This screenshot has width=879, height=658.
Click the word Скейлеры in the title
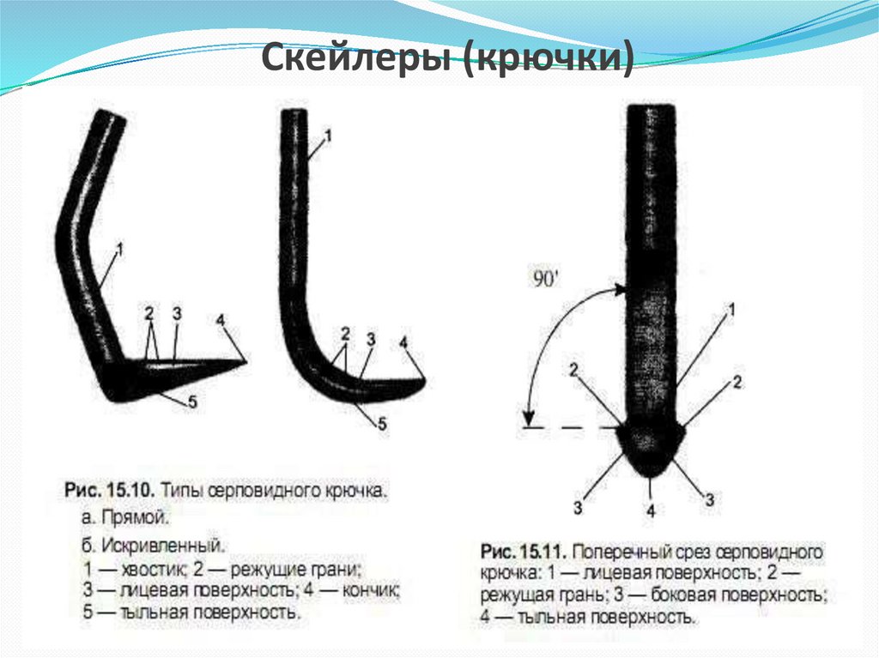point(355,57)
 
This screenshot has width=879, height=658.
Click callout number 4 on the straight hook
point(221,320)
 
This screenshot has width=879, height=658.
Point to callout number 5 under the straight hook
point(192,401)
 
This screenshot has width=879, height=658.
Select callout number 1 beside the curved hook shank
point(328,135)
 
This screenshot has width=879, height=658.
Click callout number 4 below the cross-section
point(651,510)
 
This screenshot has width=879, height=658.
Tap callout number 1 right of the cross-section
point(730,310)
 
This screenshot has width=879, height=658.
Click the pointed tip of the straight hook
point(246,361)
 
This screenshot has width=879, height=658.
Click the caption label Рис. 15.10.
point(109,491)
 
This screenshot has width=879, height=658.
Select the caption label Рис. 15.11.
point(525,552)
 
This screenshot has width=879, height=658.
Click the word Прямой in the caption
point(135,517)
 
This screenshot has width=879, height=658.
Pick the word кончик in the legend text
point(371,590)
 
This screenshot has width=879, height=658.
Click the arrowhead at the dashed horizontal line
point(528,419)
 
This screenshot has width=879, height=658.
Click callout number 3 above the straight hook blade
point(177,313)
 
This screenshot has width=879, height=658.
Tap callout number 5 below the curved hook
point(382,424)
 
